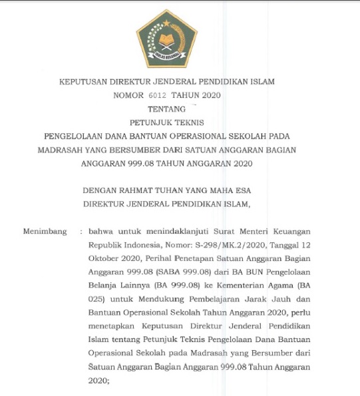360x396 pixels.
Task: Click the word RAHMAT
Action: click(137, 190)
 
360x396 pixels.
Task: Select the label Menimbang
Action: click(45, 232)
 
